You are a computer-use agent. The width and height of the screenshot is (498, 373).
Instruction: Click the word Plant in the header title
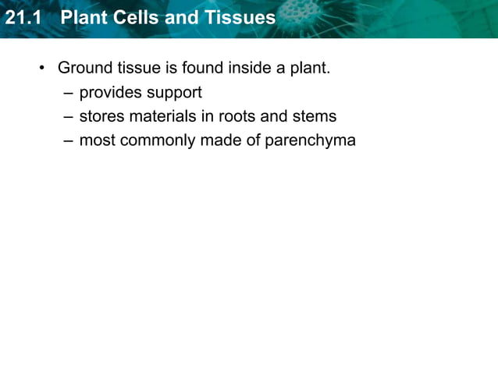click(x=84, y=17)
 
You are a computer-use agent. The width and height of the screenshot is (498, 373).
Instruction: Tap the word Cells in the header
click(x=139, y=17)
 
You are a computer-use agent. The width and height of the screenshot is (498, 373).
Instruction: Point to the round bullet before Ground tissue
click(x=42, y=69)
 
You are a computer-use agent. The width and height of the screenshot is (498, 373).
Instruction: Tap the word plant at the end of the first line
click(x=310, y=69)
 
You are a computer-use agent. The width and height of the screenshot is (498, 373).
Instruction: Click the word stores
click(x=101, y=117)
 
